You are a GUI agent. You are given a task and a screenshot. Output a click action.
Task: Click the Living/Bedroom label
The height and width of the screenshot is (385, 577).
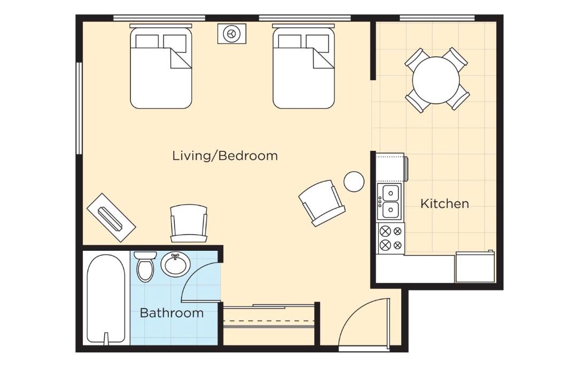click(x=225, y=156)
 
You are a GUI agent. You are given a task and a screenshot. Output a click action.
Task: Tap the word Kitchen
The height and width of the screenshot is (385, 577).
click(x=445, y=204)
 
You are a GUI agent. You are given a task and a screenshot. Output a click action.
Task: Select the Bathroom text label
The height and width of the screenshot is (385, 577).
click(x=171, y=313)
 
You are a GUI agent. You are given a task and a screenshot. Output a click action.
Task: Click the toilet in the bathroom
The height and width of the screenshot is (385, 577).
click(x=145, y=266)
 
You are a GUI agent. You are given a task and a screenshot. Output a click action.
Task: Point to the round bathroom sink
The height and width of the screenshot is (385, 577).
click(x=176, y=264)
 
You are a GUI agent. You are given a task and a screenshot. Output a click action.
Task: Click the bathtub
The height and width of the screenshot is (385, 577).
click(x=106, y=299)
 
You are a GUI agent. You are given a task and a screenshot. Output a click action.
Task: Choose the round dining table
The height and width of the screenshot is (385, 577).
click(x=436, y=80)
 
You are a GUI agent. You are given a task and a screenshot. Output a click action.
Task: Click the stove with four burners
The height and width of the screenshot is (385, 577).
click(x=391, y=238)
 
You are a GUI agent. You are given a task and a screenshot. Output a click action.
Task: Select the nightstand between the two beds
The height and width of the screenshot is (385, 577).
click(x=231, y=34)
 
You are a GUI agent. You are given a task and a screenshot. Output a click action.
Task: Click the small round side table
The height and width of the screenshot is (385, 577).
click(x=354, y=181)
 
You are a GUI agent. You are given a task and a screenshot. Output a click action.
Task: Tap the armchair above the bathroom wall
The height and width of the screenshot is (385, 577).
click(x=189, y=224)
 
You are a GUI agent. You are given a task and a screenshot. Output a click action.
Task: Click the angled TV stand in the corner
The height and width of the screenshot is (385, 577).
click(x=111, y=218)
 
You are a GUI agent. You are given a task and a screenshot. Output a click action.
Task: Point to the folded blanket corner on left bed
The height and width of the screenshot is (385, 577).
click(x=181, y=58)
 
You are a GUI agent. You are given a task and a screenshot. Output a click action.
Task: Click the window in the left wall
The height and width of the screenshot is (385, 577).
click(x=79, y=109)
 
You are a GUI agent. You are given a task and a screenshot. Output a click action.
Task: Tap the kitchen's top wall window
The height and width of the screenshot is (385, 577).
click(x=437, y=18)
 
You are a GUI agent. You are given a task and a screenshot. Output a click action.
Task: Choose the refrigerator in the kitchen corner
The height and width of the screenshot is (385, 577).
click(x=475, y=267)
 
